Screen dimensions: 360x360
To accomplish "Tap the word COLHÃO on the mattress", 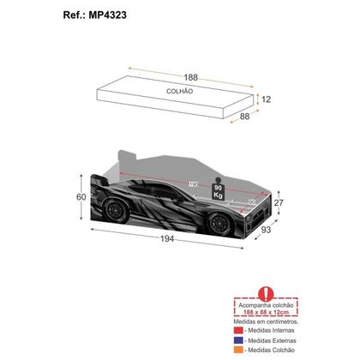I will pyautogui.click(x=178, y=90).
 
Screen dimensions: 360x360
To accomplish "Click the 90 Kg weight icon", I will pyautogui.click(x=218, y=190).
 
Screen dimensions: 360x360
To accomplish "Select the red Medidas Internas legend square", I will pyautogui.click(x=239, y=330).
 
